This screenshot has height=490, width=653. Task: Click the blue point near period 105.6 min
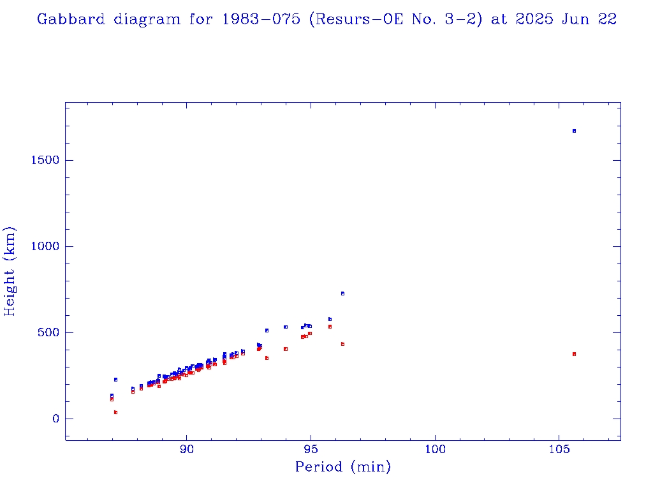574,131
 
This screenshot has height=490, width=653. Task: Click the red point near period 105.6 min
574,354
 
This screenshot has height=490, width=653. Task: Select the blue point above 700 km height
342,293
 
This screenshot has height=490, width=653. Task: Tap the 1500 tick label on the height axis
45,160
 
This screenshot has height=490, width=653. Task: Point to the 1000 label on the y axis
45,246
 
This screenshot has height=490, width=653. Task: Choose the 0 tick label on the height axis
55,419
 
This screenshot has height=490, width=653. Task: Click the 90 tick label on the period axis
186,449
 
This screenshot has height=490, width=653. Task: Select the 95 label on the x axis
311,449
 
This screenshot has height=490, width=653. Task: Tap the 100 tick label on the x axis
435,449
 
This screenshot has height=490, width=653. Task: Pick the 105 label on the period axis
559,449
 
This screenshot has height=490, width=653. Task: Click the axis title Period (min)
342,468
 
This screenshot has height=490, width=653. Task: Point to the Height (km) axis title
10,272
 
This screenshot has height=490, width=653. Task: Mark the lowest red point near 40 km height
115,412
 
